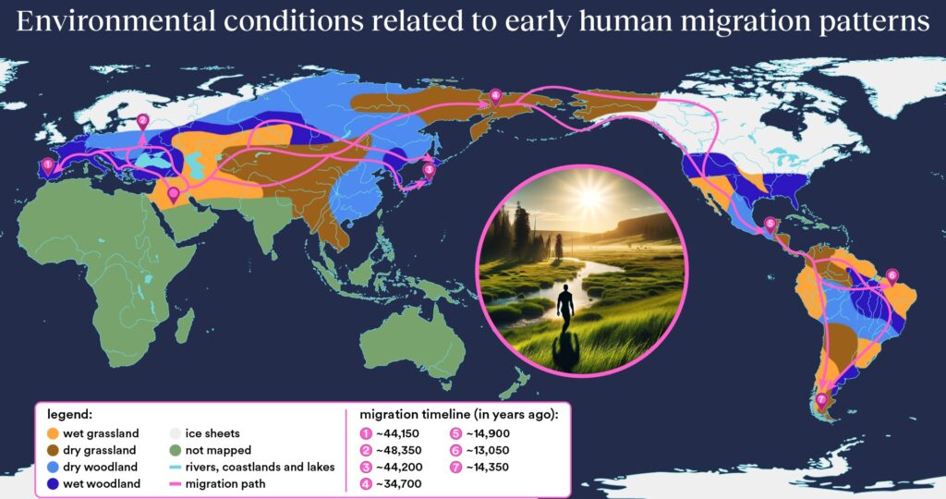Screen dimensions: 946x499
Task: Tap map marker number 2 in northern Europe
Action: tap(143, 122)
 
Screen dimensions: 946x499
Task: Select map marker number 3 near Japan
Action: tap(429, 171)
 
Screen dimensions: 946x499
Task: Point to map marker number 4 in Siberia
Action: tap(495, 96)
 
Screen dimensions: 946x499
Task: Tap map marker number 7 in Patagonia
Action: tap(821, 400)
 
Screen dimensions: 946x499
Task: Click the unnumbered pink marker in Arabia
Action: tap(174, 195)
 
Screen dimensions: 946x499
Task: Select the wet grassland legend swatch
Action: tap(53, 433)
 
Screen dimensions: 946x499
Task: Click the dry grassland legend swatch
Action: tap(53, 450)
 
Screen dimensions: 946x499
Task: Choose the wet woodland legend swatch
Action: tap(53, 484)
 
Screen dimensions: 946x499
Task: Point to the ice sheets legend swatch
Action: tap(175, 433)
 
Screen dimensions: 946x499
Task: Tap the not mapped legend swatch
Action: tap(175, 450)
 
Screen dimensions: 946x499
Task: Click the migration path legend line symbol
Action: tap(175, 484)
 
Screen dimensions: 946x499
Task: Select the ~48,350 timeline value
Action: tap(397, 450)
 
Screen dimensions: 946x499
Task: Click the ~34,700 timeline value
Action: tap(399, 484)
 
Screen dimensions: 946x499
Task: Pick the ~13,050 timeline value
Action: tap(488, 450)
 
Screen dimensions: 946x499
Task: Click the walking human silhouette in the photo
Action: tap(565, 309)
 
